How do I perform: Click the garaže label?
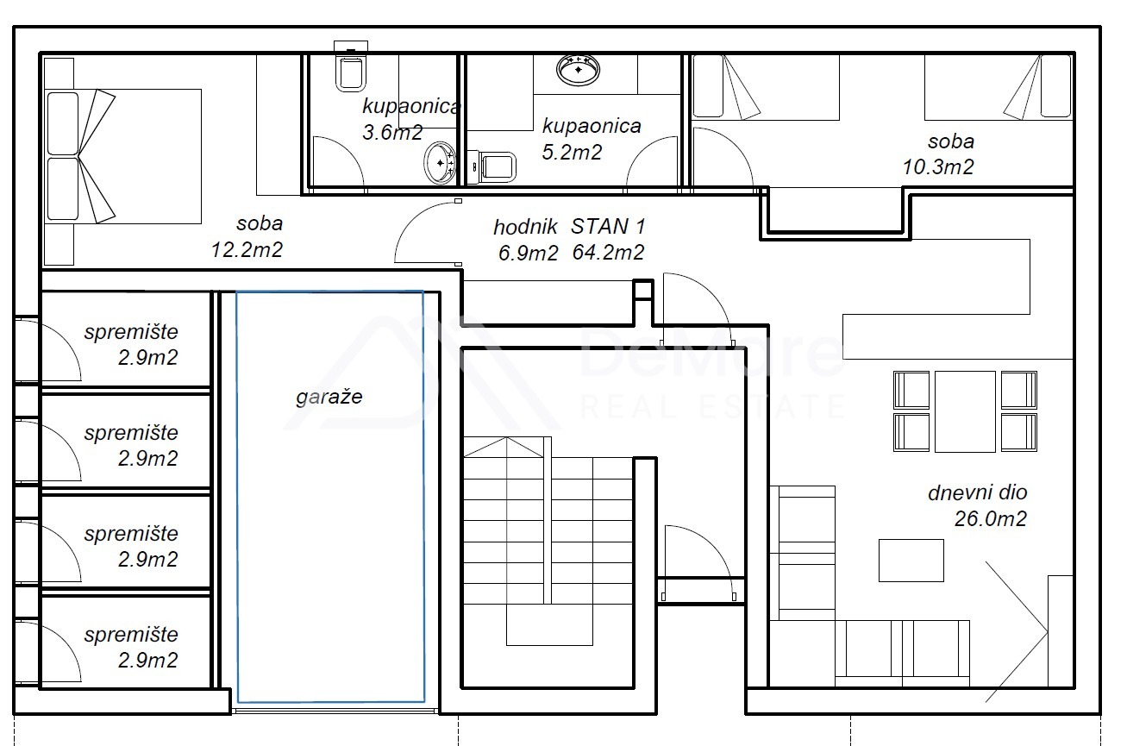tap(329, 398)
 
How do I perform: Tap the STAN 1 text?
tap(608, 227)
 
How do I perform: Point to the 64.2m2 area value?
tap(608, 252)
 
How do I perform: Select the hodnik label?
tap(525, 227)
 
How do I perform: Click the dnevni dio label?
tap(977, 492)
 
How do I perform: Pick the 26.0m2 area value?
tap(990, 518)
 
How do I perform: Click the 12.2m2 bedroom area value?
tap(247, 250)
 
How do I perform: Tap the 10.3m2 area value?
tap(938, 167)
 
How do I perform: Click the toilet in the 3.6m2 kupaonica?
tap(351, 68)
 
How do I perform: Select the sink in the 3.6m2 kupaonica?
tap(440, 163)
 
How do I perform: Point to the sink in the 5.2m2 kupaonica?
tap(578, 70)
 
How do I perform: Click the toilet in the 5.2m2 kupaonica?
tap(491, 167)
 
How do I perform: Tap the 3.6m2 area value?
tap(392, 133)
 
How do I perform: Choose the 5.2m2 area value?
tap(572, 152)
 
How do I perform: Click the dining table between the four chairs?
tap(965, 411)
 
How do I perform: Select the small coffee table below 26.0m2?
tap(911, 561)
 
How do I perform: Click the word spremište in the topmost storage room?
tap(131, 332)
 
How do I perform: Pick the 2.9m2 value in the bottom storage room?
tap(148, 661)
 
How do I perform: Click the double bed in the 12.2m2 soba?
tap(122, 157)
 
